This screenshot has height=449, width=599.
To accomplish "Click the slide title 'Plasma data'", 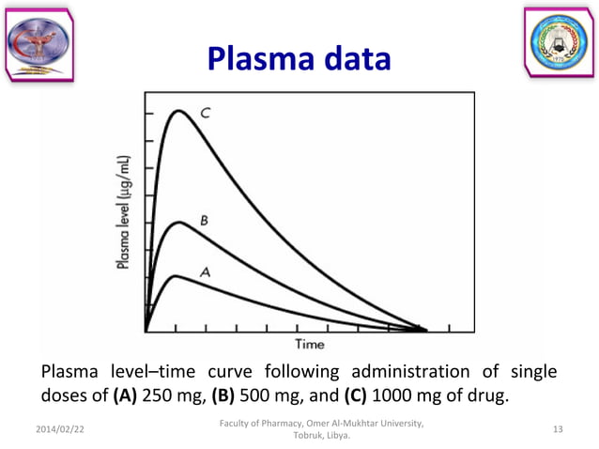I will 299,59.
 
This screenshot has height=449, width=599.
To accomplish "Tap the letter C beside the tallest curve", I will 205,113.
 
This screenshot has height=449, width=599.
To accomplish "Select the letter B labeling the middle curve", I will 204,221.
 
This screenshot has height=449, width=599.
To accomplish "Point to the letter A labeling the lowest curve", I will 205,271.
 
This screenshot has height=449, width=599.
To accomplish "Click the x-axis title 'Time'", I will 310,345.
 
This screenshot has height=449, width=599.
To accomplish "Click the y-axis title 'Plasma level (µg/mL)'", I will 125,214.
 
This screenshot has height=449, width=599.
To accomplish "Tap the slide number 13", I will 558,429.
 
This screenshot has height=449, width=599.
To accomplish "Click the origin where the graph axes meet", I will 146,330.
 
